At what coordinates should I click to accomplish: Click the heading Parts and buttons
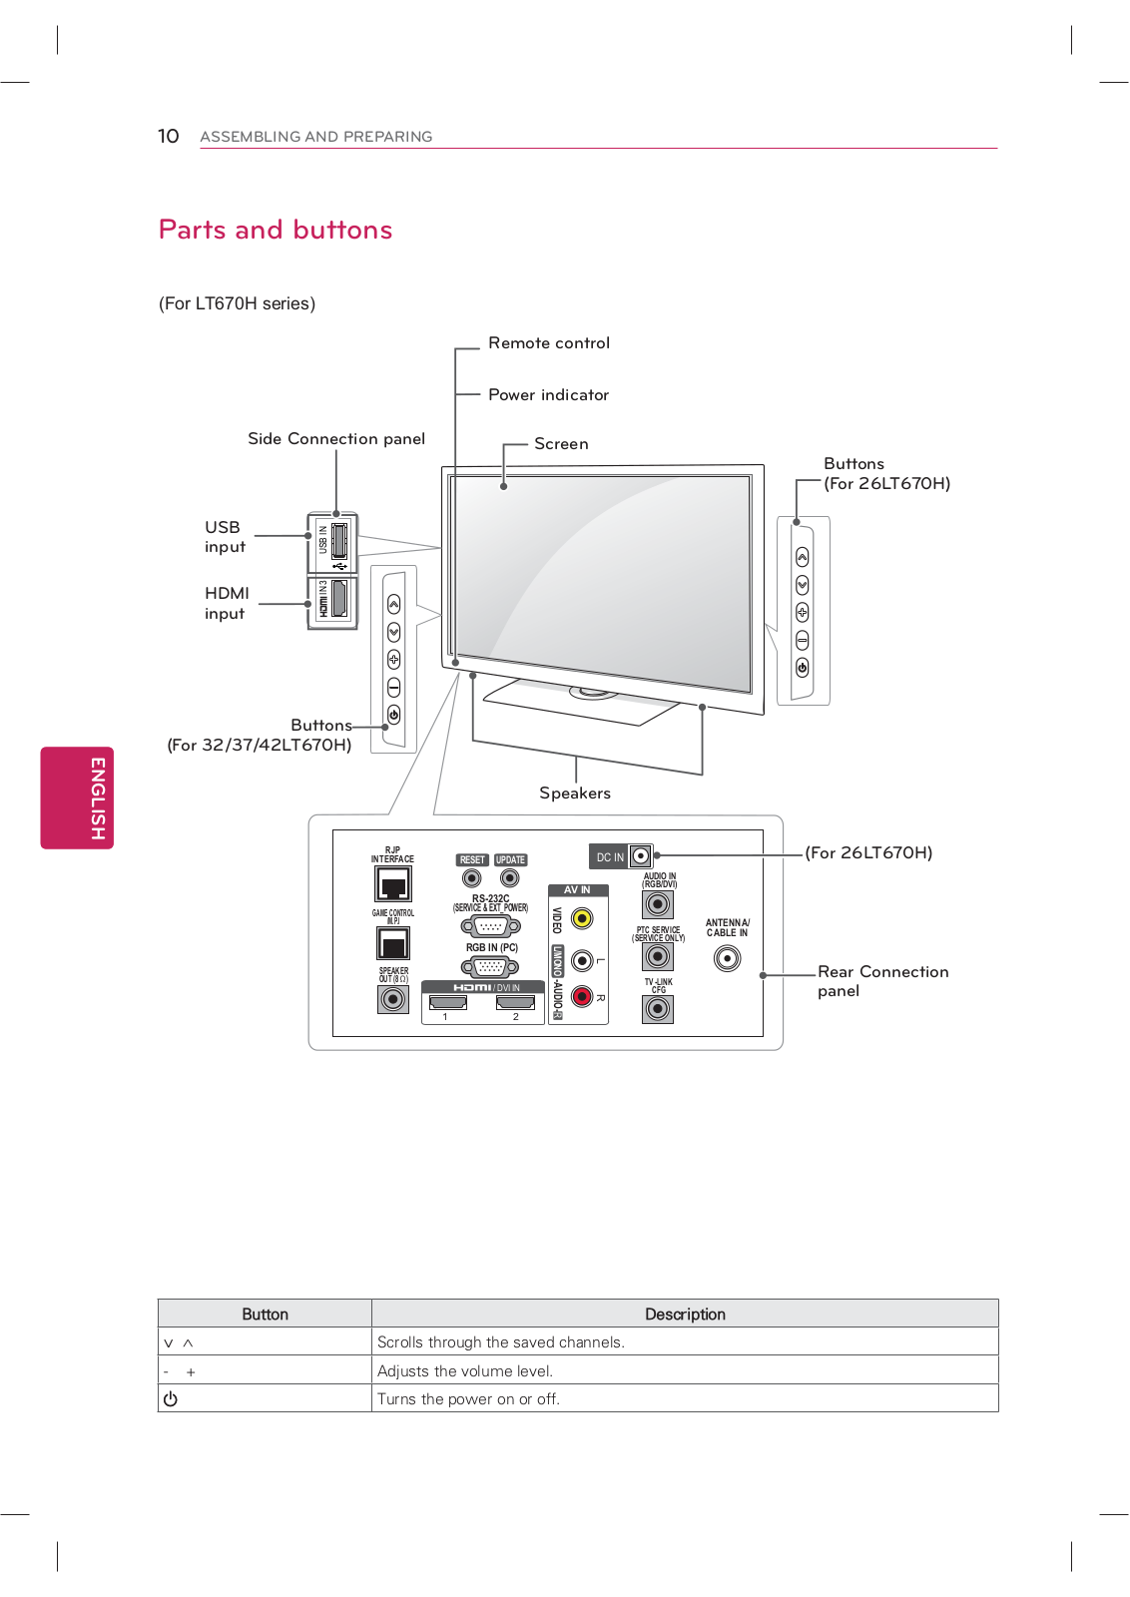coord(276,230)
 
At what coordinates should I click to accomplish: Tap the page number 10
coord(168,136)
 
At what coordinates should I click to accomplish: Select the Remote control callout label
coord(548,343)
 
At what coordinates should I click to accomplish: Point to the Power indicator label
coord(548,395)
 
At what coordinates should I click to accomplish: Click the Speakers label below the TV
coord(574,794)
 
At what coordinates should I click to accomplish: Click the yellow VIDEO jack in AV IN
coord(581,918)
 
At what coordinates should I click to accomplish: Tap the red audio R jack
coord(581,995)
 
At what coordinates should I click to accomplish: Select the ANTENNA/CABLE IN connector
coord(728,959)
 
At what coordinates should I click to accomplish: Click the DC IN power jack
coord(640,856)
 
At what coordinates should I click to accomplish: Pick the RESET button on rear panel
coord(472,878)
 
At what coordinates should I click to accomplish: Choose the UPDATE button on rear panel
coord(510,878)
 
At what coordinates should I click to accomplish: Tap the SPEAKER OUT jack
coord(393,998)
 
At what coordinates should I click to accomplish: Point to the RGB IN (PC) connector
coord(490,966)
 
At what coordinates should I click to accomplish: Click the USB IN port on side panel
coord(338,540)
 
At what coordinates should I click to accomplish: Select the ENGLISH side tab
coord(77,798)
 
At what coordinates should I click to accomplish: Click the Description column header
coord(685,1314)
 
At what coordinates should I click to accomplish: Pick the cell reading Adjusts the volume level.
coord(465,1371)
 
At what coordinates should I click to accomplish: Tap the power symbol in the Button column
coord(171,1399)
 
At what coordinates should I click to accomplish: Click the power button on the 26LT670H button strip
coord(803,668)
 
